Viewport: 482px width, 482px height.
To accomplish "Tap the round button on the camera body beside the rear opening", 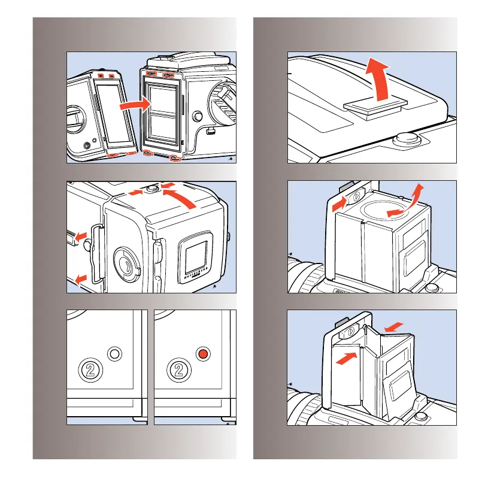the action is click(197, 117).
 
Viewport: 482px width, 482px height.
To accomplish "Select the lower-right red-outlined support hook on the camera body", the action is click(174, 158).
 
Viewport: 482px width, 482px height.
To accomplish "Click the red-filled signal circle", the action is click(204, 354).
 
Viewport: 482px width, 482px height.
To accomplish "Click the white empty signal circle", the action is click(115, 354).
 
